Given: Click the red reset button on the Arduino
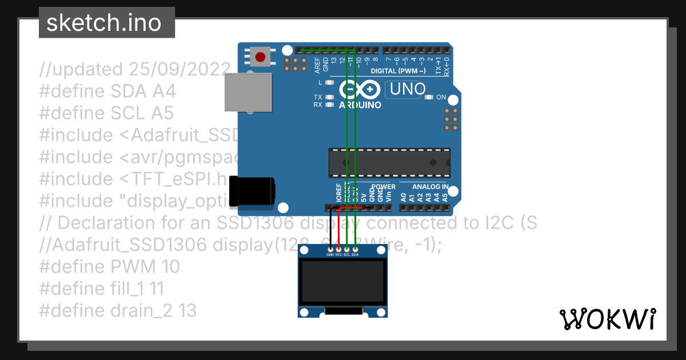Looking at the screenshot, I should pyautogui.click(x=261, y=57).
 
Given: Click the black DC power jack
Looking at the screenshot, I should pyautogui.click(x=252, y=191).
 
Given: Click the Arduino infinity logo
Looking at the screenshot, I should pyautogui.click(x=360, y=90).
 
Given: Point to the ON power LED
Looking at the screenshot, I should pyautogui.click(x=430, y=98).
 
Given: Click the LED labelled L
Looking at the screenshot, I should pyautogui.click(x=329, y=83).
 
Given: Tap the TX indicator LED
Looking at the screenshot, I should pyautogui.click(x=329, y=97).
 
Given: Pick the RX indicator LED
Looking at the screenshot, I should pyautogui.click(x=329, y=105).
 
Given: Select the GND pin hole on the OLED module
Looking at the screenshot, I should pyautogui.click(x=330, y=249).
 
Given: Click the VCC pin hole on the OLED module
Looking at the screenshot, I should pyautogui.click(x=338, y=249).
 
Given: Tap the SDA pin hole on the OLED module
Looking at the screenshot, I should pyautogui.click(x=355, y=249).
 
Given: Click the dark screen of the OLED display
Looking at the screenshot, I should pyautogui.click(x=342, y=282).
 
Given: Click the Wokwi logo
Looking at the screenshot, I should pyautogui.click(x=608, y=319).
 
